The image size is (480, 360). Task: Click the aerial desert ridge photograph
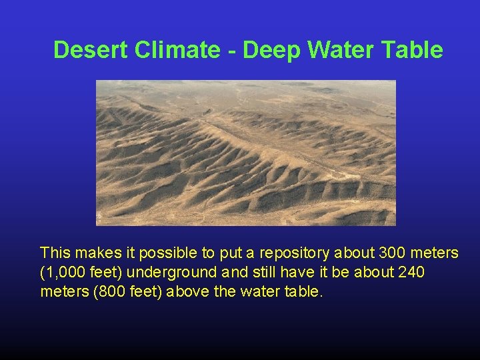[245, 153]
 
